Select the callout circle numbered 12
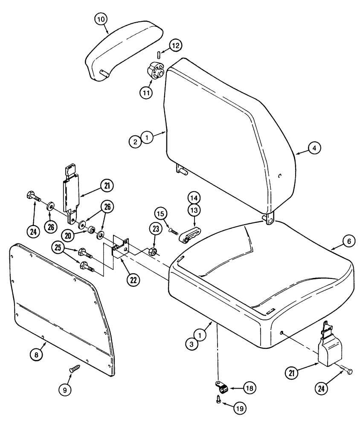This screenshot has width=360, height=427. coord(175,45)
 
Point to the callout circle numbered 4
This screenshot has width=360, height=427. coord(314,148)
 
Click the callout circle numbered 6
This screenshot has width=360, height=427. coord(348,241)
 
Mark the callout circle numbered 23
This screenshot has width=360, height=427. coord(155,230)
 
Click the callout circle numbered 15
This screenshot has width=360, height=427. coord(160,213)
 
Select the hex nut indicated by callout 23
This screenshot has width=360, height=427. coord(152,252)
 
